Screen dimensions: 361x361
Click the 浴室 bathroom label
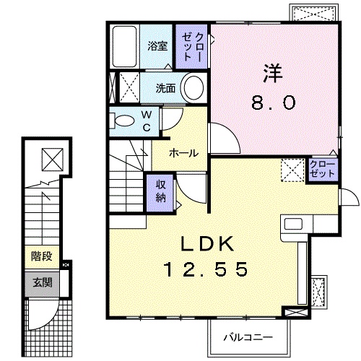click(157, 45)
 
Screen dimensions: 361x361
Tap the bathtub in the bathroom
click(124, 48)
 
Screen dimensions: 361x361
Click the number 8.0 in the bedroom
click(273, 103)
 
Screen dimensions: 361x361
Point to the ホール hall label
click(185, 152)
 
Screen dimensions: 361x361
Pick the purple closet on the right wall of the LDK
click(321, 170)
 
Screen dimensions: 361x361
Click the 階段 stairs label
click(41, 256)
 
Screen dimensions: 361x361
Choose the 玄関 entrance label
click(41, 282)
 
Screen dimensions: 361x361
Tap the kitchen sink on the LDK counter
click(296, 225)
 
